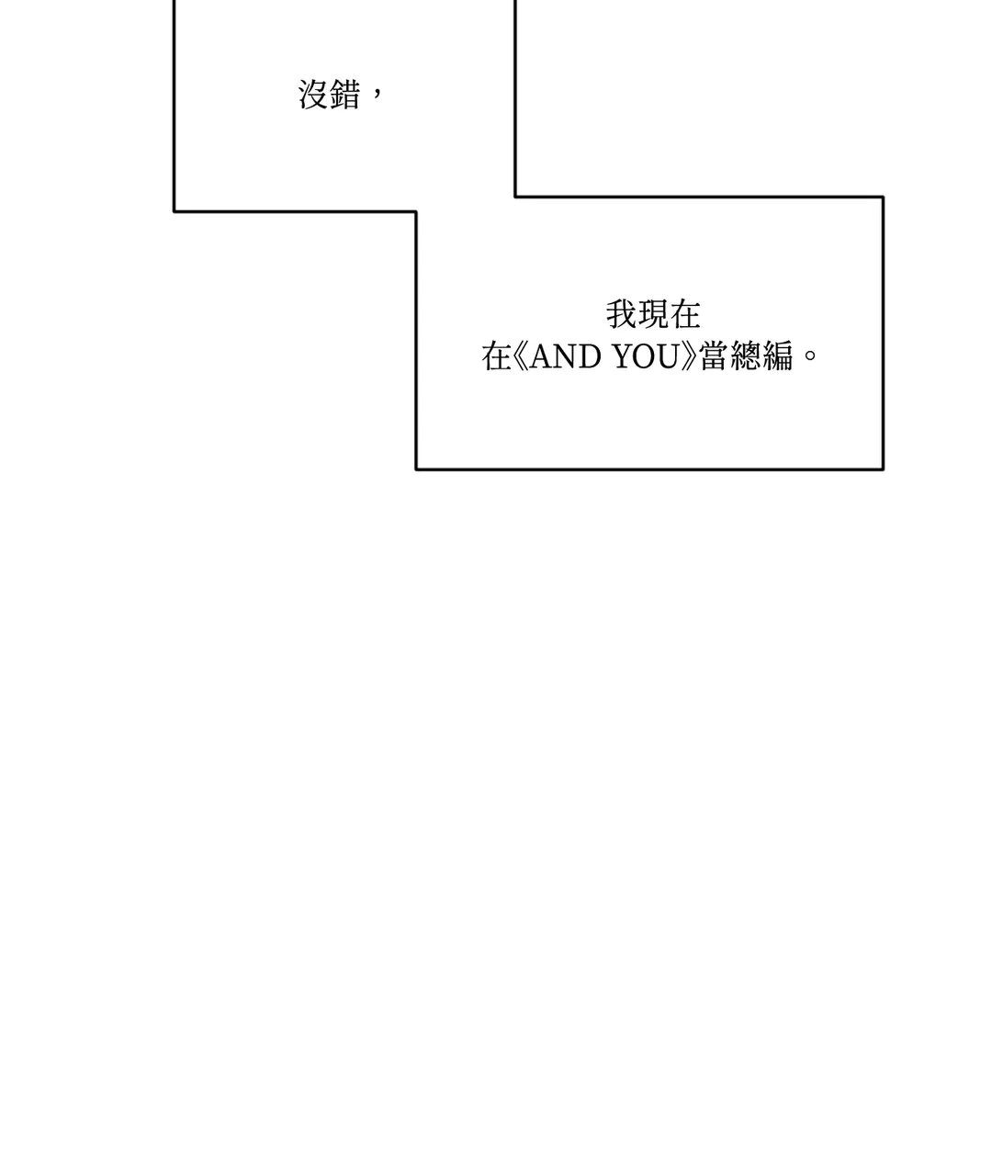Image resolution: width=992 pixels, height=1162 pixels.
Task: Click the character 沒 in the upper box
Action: [x=314, y=95]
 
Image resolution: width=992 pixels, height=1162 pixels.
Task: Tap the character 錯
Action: [x=345, y=95]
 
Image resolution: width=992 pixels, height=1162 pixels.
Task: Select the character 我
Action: [x=622, y=315]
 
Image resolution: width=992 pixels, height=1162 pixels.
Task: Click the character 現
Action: [x=653, y=315]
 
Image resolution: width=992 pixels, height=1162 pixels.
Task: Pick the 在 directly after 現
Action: [x=684, y=315]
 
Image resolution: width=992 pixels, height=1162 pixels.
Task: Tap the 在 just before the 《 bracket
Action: [x=497, y=356]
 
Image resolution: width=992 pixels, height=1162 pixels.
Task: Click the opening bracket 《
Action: [x=522, y=356]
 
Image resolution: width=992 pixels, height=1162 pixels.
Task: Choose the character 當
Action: [x=715, y=356]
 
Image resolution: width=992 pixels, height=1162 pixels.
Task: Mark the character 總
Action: [x=746, y=356]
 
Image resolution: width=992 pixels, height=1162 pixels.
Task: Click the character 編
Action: [x=777, y=356]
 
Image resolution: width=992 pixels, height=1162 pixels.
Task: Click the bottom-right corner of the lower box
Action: [x=883, y=468]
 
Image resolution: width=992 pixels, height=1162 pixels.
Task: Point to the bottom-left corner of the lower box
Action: [x=416, y=468]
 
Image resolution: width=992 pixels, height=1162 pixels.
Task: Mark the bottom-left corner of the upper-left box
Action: [x=175, y=211]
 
